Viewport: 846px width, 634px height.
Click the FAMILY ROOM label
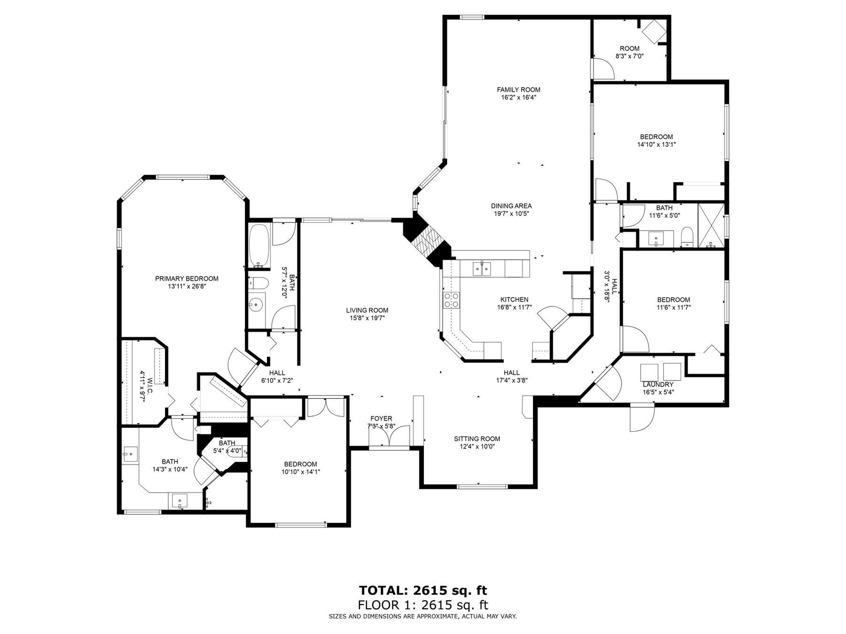tap(518, 90)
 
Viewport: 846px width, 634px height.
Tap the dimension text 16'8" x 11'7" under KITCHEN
tap(514, 308)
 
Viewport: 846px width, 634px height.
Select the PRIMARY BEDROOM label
tap(187, 278)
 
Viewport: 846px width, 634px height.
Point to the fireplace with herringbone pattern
tap(426, 240)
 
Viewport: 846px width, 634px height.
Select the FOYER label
tap(381, 418)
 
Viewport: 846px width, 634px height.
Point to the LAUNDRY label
tap(658, 384)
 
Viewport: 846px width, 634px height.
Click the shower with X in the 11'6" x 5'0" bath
tap(711, 225)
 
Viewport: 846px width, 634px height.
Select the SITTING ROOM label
tap(477, 439)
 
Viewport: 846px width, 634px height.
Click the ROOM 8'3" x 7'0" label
tap(629, 48)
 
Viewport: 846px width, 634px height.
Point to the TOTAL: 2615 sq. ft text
tap(423, 590)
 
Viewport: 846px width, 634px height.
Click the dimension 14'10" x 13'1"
tap(656, 145)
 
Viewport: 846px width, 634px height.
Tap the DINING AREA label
tap(511, 206)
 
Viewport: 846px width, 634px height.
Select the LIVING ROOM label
tap(367, 310)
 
